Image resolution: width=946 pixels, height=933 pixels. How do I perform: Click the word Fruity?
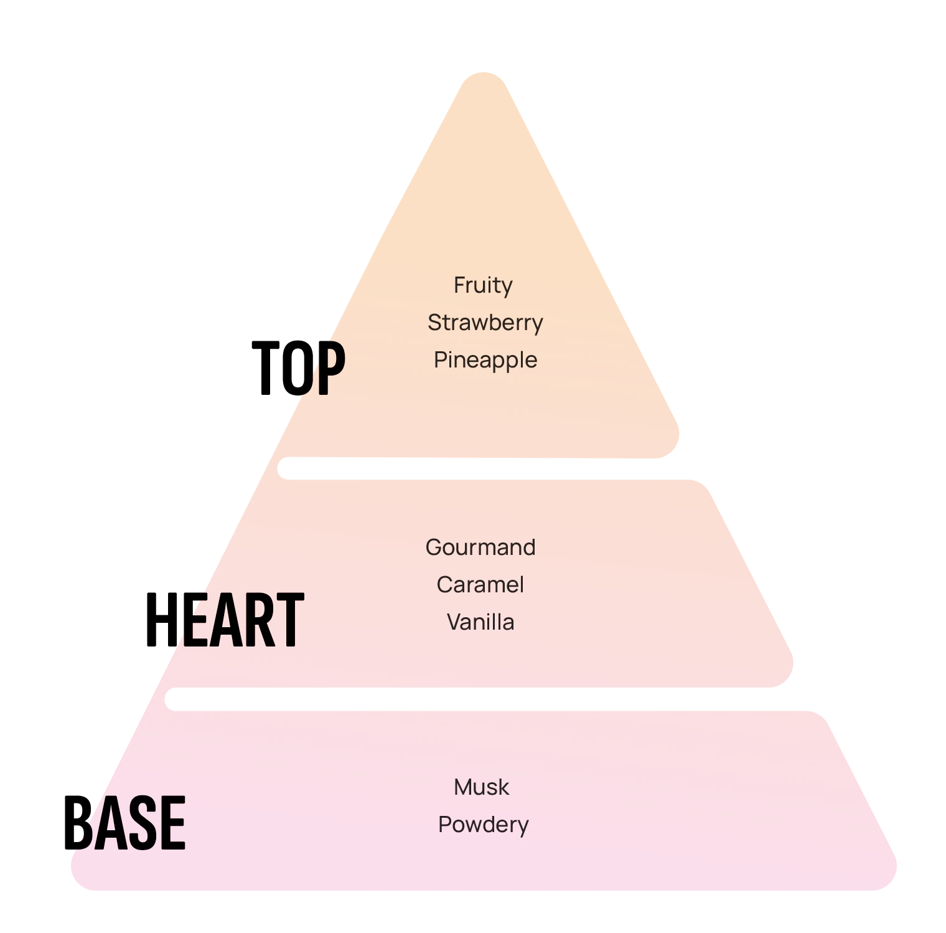point(483,286)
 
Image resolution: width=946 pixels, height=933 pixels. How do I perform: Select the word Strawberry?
point(485,323)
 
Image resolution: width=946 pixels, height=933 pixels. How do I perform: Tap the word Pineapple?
point(485,360)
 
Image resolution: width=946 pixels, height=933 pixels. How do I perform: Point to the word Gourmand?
point(480,547)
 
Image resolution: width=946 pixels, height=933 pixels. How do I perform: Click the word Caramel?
point(480,585)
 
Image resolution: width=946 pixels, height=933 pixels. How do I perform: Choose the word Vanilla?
point(480,622)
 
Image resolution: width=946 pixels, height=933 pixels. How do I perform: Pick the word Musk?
point(481,787)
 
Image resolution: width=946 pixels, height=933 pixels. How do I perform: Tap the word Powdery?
point(484,825)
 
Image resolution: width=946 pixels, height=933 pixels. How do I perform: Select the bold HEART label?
point(224,618)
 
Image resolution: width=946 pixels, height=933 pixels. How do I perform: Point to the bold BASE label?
point(125,822)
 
